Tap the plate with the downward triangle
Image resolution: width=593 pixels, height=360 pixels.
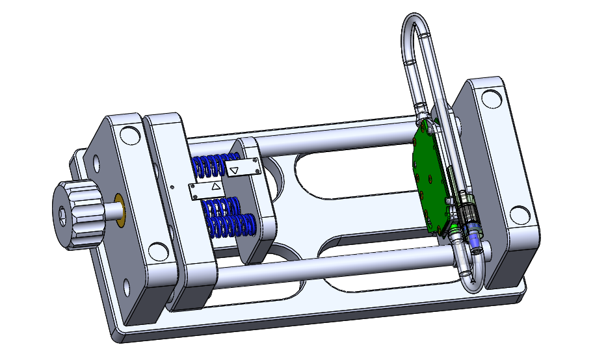242,169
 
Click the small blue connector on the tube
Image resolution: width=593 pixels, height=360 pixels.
475,242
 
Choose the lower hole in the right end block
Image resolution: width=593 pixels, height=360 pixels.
521,214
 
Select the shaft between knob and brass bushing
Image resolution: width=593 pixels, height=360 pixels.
111,211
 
